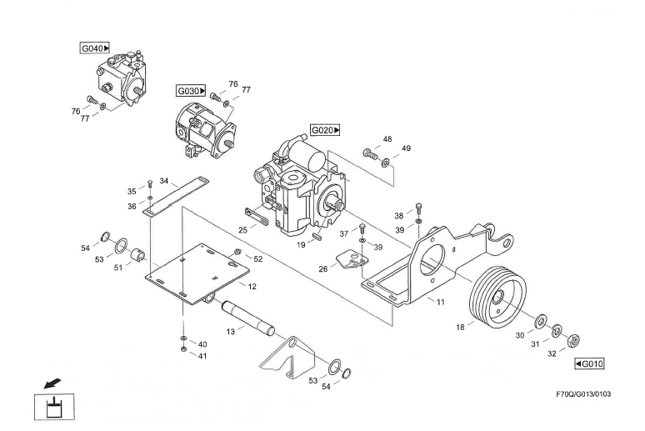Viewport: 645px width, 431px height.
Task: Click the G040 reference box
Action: point(95,48)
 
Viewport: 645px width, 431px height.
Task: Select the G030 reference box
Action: point(191,89)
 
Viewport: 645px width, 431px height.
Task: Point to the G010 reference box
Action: point(589,363)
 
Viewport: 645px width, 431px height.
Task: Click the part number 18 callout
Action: point(459,327)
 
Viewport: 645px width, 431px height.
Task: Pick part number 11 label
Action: point(441,302)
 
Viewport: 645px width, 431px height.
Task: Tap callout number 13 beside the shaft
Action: point(231,330)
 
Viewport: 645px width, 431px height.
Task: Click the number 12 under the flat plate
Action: point(252,286)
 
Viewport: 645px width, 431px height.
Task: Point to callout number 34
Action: point(164,180)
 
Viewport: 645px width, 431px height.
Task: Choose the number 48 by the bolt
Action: point(387,139)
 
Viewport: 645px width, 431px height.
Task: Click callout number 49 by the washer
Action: point(406,148)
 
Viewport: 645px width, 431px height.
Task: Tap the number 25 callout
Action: point(243,228)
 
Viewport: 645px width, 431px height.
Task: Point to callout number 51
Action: point(117,268)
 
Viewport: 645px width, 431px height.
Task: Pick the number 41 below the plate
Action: point(202,356)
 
